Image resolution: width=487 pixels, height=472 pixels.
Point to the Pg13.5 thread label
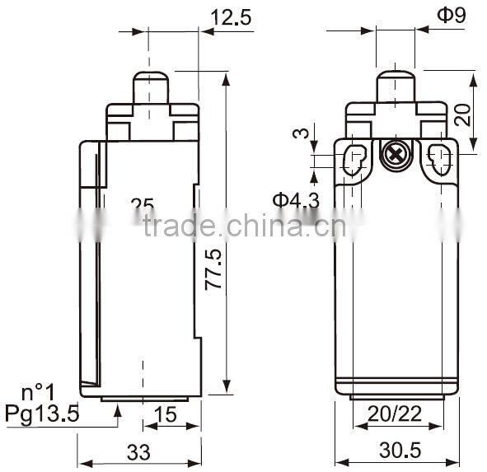pos(42,414)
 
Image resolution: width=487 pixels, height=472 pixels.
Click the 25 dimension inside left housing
pos(143,204)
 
